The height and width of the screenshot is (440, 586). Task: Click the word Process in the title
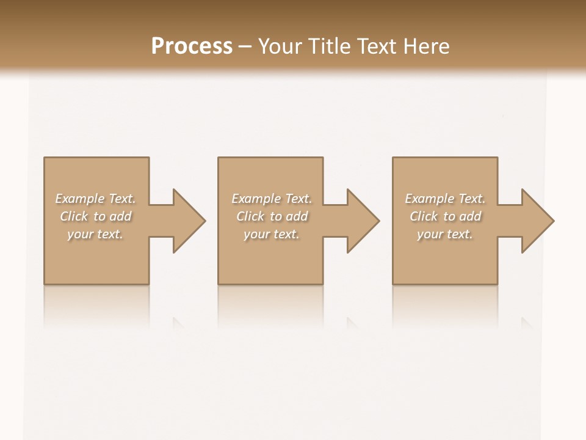(192, 46)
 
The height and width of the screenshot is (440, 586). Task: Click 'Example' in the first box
(79, 199)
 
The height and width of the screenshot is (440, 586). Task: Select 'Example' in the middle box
(255, 199)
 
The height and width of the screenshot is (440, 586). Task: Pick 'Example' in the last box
(429, 199)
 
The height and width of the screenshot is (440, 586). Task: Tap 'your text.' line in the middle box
(271, 234)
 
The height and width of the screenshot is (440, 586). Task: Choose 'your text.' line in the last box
(445, 234)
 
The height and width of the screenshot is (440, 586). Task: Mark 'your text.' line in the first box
(95, 234)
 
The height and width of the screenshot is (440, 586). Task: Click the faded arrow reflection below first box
(179, 322)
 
